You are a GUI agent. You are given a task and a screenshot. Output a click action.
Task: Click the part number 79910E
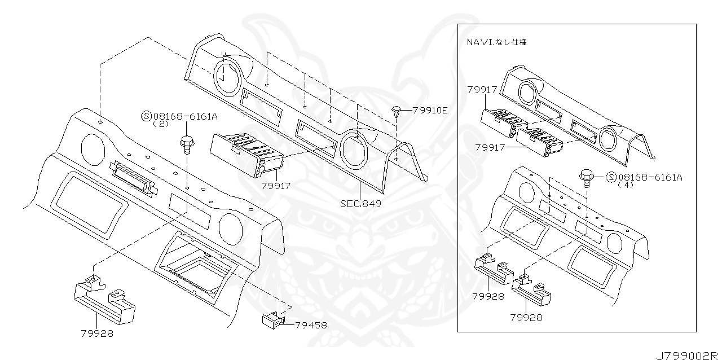pyautogui.click(x=430, y=111)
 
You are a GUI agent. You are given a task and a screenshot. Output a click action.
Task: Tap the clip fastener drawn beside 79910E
pyautogui.click(x=396, y=111)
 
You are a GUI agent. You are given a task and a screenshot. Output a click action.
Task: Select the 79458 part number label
pyautogui.click(x=311, y=325)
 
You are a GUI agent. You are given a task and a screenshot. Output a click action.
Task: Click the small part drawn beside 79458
pyautogui.click(x=274, y=320)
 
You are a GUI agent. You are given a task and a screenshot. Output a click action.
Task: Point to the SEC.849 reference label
pyautogui.click(x=360, y=204)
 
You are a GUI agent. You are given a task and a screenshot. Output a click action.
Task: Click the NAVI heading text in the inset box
pyautogui.click(x=497, y=42)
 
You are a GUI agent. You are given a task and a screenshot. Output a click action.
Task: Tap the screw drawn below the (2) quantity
pyautogui.click(x=186, y=145)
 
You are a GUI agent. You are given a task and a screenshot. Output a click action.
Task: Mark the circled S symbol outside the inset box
pyautogui.click(x=147, y=116)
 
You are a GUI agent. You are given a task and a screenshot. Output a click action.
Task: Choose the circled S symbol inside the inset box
pyautogui.click(x=611, y=177)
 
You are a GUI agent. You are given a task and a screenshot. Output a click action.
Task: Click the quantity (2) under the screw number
pyautogui.click(x=160, y=124)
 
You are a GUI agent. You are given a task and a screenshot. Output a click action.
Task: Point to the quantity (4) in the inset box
pyautogui.click(x=626, y=185)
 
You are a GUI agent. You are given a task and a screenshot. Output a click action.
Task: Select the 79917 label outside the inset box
pyautogui.click(x=276, y=186)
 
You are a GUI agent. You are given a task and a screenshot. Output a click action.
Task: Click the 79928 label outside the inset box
pyautogui.click(x=97, y=333)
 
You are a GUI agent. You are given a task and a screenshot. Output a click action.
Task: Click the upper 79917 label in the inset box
pyautogui.click(x=482, y=90)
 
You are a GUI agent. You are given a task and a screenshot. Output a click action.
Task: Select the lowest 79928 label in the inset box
pyautogui.click(x=526, y=318)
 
